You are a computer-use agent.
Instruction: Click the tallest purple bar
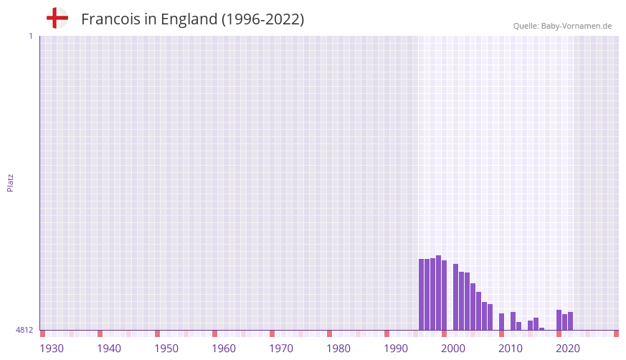(438, 293)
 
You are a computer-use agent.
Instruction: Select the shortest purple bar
(541, 329)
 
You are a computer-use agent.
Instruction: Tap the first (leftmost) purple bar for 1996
(421, 294)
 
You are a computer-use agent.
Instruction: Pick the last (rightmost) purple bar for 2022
(570, 321)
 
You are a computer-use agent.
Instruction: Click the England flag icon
(57, 19)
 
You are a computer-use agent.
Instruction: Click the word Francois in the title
(110, 19)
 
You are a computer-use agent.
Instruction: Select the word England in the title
(189, 19)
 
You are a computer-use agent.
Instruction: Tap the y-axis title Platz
(10, 182)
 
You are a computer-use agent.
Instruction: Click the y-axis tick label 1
(30, 36)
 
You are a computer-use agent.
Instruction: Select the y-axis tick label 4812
(24, 331)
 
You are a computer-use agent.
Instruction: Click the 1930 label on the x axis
(52, 349)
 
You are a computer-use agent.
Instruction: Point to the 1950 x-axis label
(166, 349)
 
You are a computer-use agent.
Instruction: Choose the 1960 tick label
(224, 349)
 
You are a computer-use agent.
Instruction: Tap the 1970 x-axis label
(281, 349)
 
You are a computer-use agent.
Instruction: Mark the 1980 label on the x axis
(338, 349)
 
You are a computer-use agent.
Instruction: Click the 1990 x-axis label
(396, 349)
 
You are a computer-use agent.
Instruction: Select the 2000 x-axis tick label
(453, 349)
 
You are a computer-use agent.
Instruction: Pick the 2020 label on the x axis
(568, 349)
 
